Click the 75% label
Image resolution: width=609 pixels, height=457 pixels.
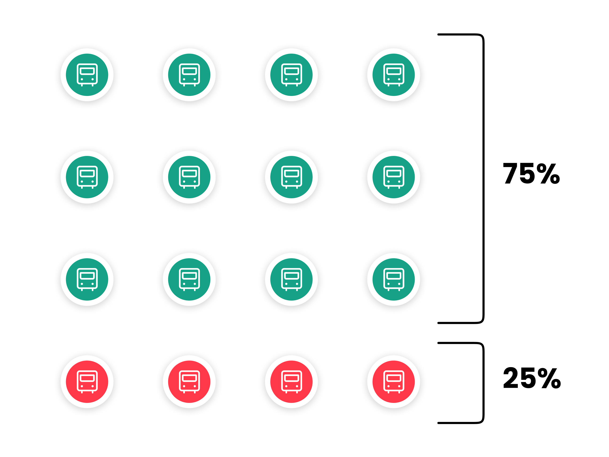(531, 173)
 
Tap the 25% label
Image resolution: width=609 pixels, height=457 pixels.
(532, 378)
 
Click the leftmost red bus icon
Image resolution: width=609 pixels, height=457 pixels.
(87, 382)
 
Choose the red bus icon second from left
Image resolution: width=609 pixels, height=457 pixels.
(189, 382)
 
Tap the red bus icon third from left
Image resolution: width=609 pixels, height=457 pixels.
(291, 382)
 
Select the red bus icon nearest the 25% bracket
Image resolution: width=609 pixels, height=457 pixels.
(393, 382)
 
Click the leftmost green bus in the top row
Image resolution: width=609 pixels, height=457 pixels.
(87, 75)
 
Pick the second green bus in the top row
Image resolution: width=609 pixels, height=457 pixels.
(189, 75)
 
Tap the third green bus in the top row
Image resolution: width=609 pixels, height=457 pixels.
(291, 75)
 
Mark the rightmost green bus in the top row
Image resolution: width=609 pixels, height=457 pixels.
(393, 75)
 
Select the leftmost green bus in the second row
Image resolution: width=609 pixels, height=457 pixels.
(87, 177)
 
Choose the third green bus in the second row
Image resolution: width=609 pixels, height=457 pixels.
(291, 177)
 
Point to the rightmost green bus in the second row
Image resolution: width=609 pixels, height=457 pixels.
(393, 177)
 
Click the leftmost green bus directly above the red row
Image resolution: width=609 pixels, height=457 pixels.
(87, 279)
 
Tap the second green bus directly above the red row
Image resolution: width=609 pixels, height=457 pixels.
(189, 279)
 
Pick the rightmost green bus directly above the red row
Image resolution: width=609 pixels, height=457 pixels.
(393, 279)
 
